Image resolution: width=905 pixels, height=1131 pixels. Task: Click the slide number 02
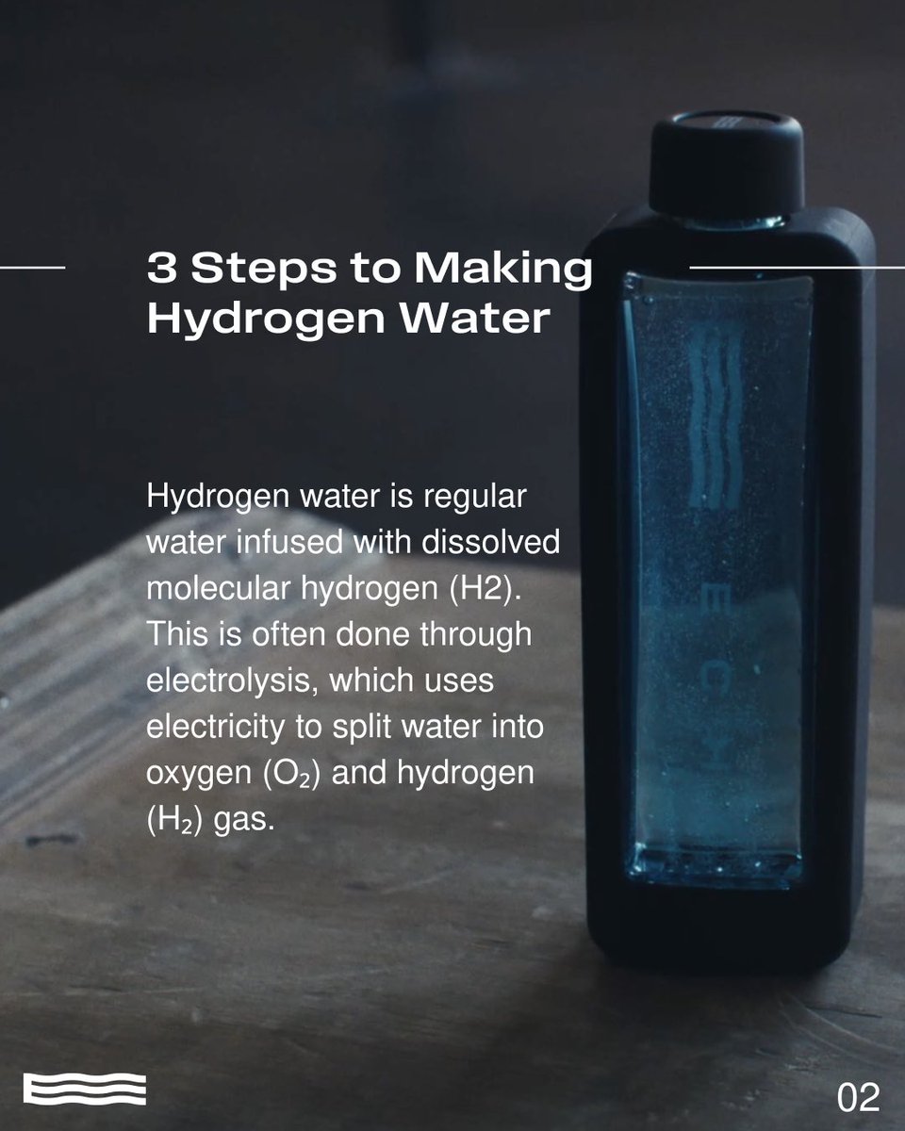pos(858,1097)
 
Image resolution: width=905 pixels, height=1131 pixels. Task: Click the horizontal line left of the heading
pos(33,268)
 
